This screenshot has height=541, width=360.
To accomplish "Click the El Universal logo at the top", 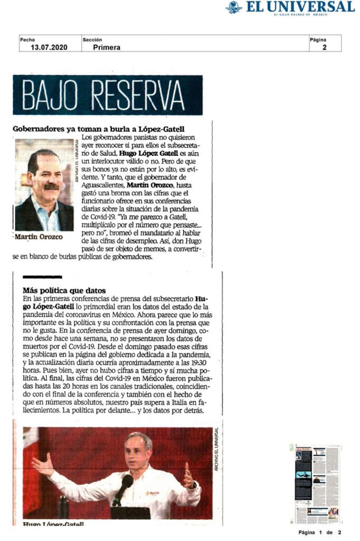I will pos(290,7).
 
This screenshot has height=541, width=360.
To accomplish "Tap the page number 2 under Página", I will pos(324,47).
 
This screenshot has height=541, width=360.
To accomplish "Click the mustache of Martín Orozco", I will pos(51,186).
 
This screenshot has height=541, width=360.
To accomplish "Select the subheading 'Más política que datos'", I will pos(64,290).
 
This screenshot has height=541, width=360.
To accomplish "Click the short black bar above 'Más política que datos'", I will pos(42,277).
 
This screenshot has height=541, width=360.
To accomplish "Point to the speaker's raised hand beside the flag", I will pos(42,465).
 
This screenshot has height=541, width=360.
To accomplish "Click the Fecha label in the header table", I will pos(27,39).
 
